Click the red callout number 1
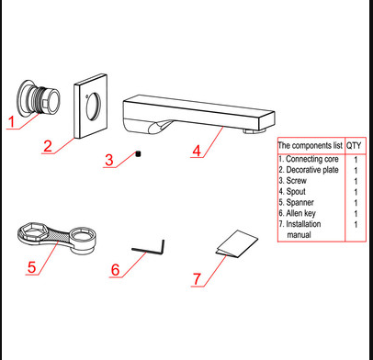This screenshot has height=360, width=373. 12,120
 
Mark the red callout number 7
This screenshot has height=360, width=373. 197,278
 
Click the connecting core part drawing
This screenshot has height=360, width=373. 39,98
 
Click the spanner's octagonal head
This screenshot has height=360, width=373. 28,231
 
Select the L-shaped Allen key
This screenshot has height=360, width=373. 147,247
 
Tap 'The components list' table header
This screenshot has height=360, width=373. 311,145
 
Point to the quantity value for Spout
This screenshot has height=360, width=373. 356,192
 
